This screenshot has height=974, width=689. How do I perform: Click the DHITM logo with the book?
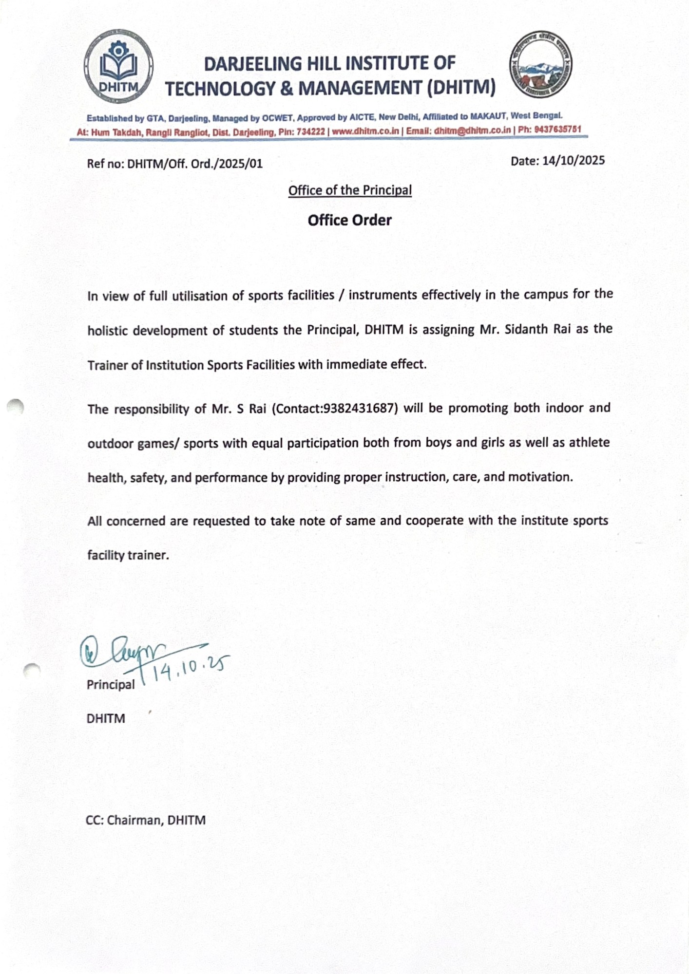point(118,66)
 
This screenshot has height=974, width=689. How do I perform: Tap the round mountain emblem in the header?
point(541,65)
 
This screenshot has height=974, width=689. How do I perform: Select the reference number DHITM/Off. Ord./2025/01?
point(195,164)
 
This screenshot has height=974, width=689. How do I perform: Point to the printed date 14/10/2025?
point(573,161)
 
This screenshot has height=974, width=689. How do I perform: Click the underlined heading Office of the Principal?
point(350,190)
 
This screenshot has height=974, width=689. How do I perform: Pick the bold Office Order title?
point(349,220)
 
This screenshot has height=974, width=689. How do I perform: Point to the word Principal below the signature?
point(111,685)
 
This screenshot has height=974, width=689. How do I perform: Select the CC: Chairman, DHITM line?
point(146,820)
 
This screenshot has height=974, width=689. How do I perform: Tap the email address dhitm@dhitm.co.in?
point(472,131)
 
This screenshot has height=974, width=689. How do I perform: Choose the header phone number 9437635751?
point(557,130)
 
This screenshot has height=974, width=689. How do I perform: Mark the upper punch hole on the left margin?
point(16,406)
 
